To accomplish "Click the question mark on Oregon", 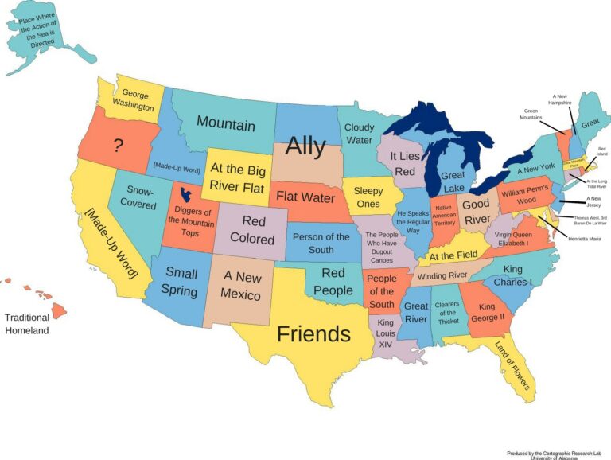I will [118, 145].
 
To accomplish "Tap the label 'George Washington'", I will [133, 99].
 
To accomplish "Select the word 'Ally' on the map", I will [305, 146].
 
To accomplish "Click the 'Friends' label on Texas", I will [313, 334].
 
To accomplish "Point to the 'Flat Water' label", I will [305, 197].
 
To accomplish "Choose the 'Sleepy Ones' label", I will [368, 197].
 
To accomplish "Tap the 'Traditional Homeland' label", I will [27, 324].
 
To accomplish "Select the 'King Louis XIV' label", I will [386, 333].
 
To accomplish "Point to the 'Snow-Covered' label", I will [137, 197].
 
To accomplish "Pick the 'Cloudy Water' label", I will [359, 134].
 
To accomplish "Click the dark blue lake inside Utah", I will [186, 193].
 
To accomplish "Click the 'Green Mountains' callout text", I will [531, 115].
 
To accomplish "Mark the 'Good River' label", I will [476, 212].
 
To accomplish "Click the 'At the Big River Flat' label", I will [239, 177].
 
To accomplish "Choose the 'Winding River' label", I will [442, 276].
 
